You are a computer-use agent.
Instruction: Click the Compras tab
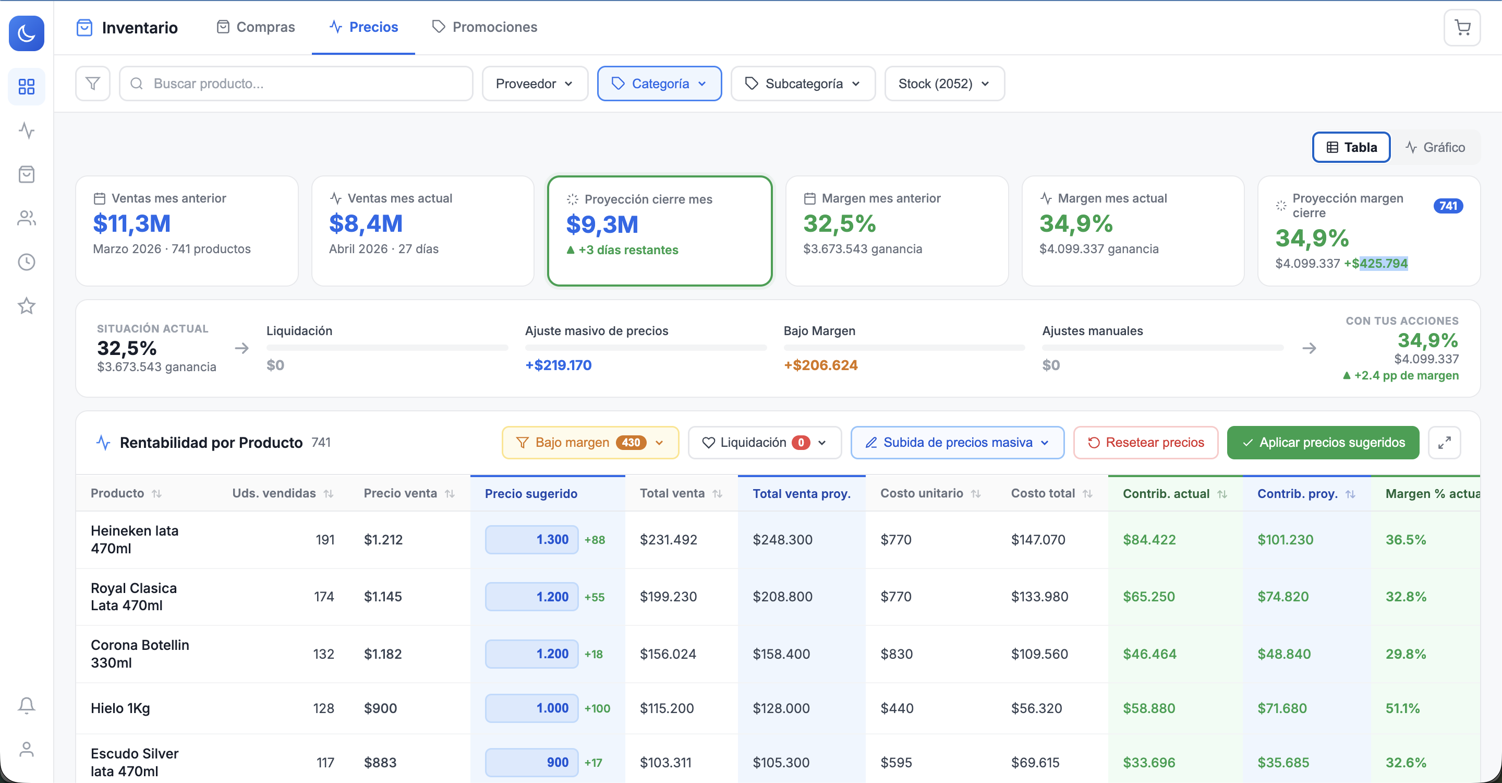(256, 27)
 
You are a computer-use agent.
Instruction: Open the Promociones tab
(484, 27)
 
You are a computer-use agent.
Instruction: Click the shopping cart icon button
(1462, 28)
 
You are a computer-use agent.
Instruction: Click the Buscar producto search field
(296, 84)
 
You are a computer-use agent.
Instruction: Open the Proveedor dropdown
(535, 84)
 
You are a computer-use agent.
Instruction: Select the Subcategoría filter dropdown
(803, 84)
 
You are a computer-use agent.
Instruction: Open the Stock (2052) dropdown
(944, 84)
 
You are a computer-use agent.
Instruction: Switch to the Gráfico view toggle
(1435, 147)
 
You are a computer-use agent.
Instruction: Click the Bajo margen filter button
(590, 442)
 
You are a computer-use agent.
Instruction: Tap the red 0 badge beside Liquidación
(801, 442)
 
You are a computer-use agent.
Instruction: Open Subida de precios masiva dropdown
(958, 442)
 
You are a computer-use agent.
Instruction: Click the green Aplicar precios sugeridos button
(1323, 442)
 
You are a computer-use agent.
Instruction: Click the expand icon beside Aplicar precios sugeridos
(1444, 442)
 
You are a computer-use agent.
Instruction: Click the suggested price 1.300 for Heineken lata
(531, 540)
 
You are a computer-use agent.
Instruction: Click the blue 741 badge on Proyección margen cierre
(1448, 205)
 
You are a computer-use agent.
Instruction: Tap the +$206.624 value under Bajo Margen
(820, 365)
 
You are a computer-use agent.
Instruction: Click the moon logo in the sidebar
(26, 33)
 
